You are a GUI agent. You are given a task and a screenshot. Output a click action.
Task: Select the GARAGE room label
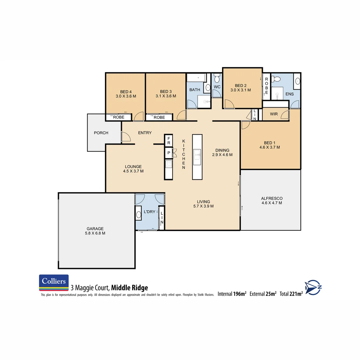(x=96, y=229)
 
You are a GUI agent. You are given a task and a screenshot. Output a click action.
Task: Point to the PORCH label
(x=101, y=133)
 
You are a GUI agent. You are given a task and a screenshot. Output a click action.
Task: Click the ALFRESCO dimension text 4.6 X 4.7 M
(x=272, y=203)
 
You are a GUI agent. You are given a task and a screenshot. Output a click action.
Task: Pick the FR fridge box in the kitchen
(x=169, y=140)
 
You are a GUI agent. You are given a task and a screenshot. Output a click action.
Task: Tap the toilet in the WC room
(x=217, y=79)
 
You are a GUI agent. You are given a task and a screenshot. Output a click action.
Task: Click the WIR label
(x=274, y=114)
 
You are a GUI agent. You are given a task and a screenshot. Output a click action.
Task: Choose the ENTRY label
(x=145, y=133)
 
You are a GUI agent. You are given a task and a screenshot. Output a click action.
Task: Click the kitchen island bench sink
(x=197, y=154)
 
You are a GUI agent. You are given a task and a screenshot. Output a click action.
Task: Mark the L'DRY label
(x=149, y=212)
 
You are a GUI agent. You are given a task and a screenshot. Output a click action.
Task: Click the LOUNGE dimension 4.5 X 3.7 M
(x=133, y=171)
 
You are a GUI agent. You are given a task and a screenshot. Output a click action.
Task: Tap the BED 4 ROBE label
(x=119, y=117)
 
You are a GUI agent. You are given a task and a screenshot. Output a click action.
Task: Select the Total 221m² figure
(x=291, y=294)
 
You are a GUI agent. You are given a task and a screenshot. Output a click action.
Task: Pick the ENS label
(x=290, y=94)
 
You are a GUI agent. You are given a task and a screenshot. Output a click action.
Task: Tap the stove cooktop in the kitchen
(x=169, y=164)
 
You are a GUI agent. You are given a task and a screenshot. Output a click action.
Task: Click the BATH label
(x=195, y=90)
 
